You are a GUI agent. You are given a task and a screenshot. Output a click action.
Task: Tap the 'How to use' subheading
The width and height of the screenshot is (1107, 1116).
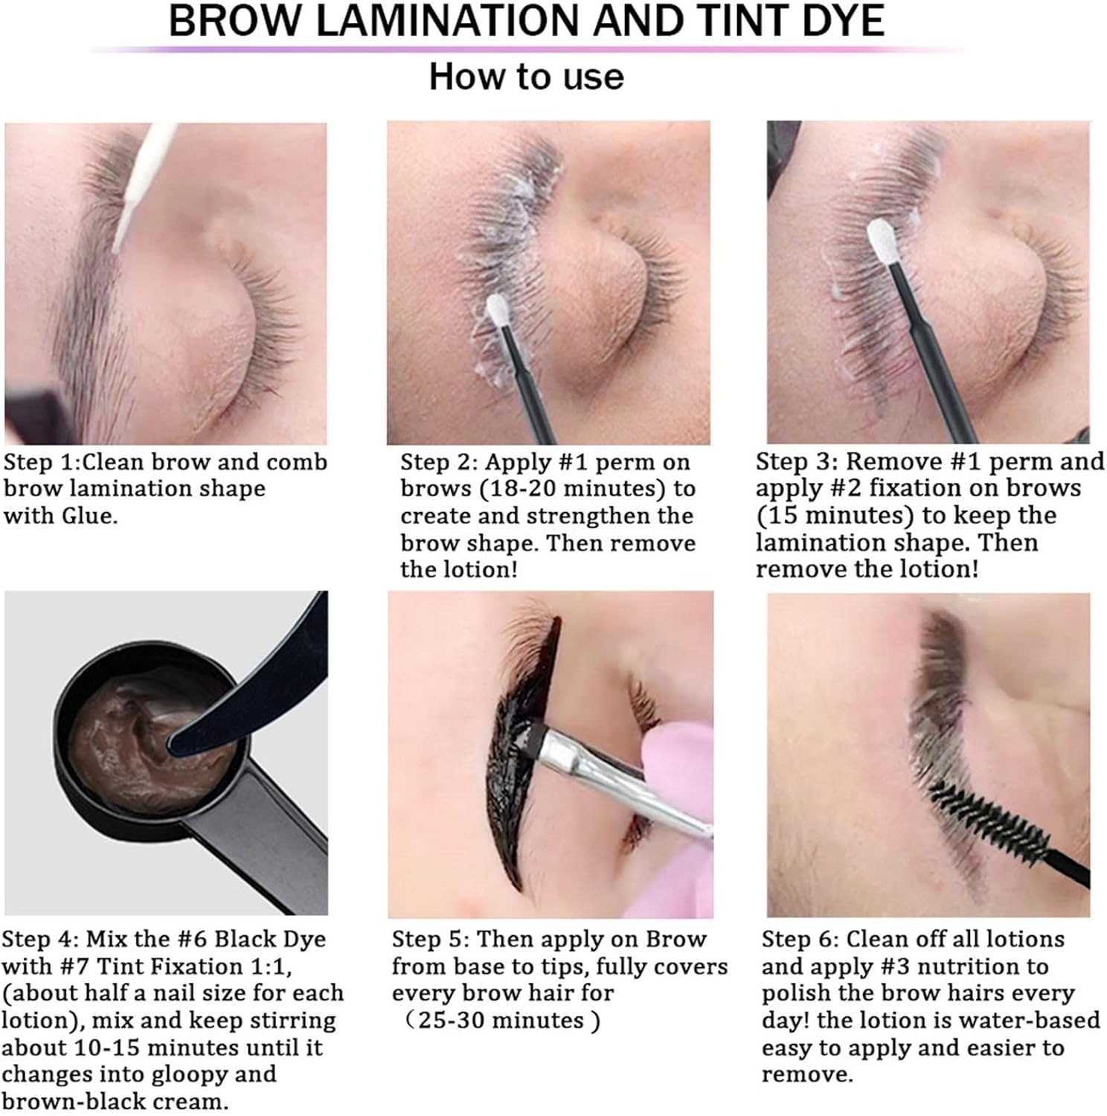[526, 77]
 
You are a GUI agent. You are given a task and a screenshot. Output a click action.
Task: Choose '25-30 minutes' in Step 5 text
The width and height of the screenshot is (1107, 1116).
[501, 1020]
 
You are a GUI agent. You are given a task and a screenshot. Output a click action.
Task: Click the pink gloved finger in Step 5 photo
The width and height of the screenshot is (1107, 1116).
[670, 751]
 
